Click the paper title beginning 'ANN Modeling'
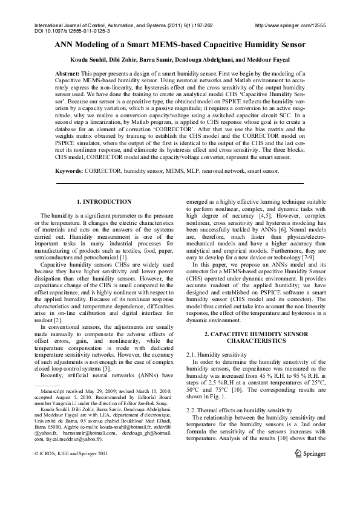click(x=180, y=45)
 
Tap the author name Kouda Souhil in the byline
click(x=90, y=61)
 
